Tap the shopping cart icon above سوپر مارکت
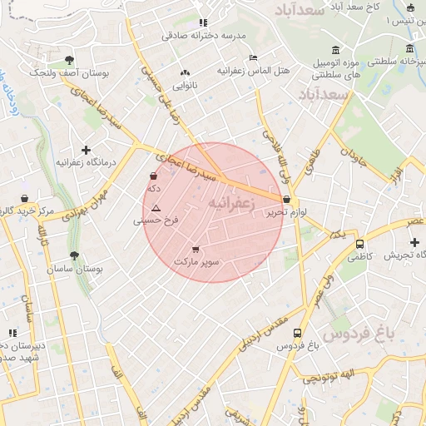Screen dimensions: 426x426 coord(196,249)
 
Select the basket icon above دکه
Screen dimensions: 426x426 coord(153,176)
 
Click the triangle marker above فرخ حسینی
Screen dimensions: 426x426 coord(156,207)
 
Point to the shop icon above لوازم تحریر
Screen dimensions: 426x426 coord(287,200)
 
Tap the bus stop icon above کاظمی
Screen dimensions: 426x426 coord(359,245)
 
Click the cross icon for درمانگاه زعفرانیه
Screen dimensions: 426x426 coord(86,150)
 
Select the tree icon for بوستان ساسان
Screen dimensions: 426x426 coord(75,256)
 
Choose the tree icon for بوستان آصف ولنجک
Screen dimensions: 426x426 coord(68,60)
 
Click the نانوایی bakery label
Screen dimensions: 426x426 coord(184,85)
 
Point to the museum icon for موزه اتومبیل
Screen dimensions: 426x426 coord(334,50)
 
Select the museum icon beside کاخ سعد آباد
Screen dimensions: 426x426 coord(410,7)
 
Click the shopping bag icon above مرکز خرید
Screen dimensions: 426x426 coord(25,199)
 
